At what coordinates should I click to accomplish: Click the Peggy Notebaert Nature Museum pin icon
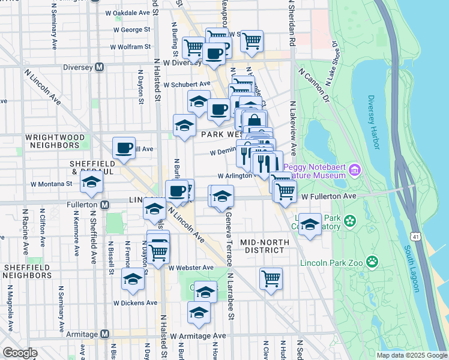coord(355,170)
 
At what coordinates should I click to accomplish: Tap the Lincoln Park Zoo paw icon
coord(373,261)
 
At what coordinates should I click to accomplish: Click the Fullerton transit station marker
coord(104,205)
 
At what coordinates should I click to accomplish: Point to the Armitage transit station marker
coord(104,334)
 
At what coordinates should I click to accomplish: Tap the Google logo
coord(20,353)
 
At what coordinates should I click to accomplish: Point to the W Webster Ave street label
coord(191,268)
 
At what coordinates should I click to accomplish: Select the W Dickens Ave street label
coord(136,303)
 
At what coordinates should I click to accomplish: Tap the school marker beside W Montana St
coord(92,183)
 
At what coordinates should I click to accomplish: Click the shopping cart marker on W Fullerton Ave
coord(286,191)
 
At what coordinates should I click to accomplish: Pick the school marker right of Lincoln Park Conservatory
coord(310,224)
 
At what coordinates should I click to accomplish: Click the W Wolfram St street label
coord(130,47)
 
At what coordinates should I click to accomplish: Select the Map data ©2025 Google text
coord(412,355)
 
